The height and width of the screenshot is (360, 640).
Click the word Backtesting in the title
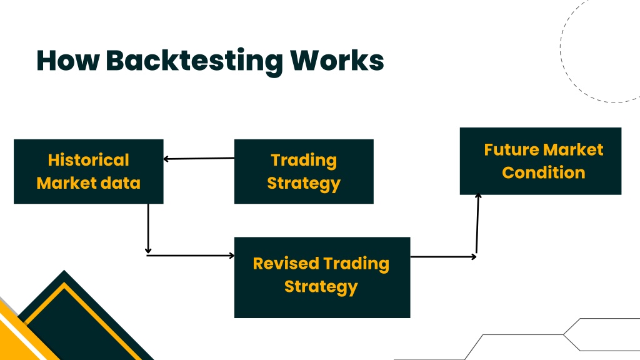pyautogui.click(x=194, y=62)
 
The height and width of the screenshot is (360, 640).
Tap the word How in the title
pyautogui.click(x=67, y=61)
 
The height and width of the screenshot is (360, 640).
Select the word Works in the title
pyautogui.click(x=337, y=61)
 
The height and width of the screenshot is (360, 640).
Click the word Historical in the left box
pyautogui.click(x=89, y=160)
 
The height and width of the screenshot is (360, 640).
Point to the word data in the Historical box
pyautogui.click(x=121, y=183)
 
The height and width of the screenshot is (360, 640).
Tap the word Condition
pyautogui.click(x=544, y=172)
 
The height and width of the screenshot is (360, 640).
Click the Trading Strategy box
pyautogui.click(x=304, y=171)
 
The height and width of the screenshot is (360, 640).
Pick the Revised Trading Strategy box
pyautogui.click(x=322, y=277)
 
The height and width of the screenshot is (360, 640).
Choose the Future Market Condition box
pyautogui.click(x=541, y=161)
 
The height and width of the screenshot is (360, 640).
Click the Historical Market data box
pyautogui.click(x=89, y=171)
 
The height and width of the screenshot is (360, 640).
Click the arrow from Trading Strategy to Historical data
pyautogui.click(x=199, y=158)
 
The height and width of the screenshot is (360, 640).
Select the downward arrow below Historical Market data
pyautogui.click(x=148, y=229)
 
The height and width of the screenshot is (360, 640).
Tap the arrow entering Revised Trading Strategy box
pyautogui.click(x=190, y=256)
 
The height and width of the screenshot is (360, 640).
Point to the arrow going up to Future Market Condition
pyautogui.click(x=477, y=224)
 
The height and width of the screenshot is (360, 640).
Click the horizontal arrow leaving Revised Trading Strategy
pyautogui.click(x=443, y=257)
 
